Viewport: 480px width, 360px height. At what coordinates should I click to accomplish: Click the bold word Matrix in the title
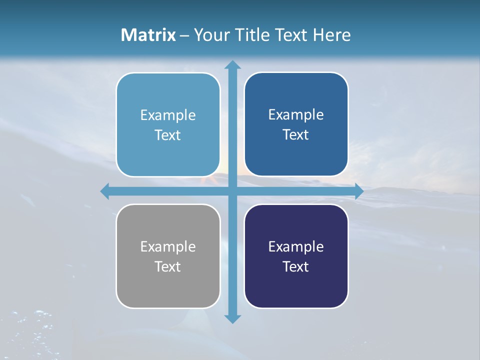pyautogui.click(x=148, y=35)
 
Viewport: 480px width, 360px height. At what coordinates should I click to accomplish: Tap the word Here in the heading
pyautogui.click(x=331, y=35)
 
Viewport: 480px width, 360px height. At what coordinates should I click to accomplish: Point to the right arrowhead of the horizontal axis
pyautogui.click(x=358, y=191)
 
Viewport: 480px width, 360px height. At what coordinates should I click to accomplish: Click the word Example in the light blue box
pyautogui.click(x=168, y=115)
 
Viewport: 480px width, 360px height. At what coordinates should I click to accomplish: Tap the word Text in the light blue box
pyautogui.click(x=168, y=135)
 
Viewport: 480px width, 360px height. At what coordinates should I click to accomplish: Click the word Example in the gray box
pyautogui.click(x=168, y=246)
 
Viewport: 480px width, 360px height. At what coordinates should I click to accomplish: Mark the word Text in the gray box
pyautogui.click(x=168, y=266)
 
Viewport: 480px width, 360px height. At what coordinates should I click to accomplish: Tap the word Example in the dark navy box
pyautogui.click(x=296, y=246)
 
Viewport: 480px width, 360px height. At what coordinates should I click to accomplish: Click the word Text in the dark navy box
pyautogui.click(x=296, y=266)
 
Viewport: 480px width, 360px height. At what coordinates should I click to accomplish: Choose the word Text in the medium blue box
pyautogui.click(x=296, y=134)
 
